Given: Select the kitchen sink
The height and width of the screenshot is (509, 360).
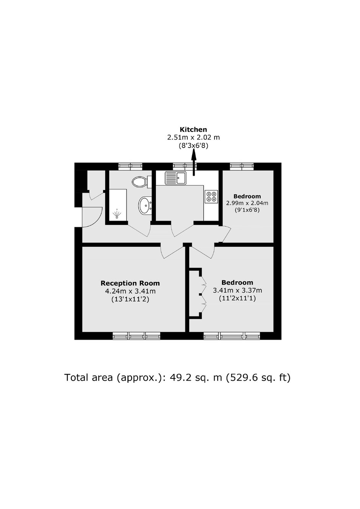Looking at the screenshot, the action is click(x=176, y=177).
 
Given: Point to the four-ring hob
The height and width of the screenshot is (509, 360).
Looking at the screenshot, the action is click(x=211, y=196).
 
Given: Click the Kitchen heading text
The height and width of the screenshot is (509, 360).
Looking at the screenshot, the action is click(x=193, y=129).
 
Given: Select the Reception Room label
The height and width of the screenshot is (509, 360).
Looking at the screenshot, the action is click(x=130, y=283).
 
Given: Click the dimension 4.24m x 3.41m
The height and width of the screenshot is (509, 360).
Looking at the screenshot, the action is click(x=130, y=291).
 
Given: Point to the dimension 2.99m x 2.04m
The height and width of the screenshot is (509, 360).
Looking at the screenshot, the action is click(x=247, y=203).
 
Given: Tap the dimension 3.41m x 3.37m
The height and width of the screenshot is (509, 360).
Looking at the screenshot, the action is click(x=237, y=290).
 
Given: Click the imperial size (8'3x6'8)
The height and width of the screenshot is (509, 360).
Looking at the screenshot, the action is click(x=193, y=146).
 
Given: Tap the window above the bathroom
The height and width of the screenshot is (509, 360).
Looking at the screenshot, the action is click(x=130, y=166).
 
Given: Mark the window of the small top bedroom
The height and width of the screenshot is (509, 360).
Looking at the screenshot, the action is click(x=242, y=166).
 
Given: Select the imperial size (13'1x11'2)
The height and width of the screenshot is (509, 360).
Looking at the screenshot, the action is click(x=130, y=300).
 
